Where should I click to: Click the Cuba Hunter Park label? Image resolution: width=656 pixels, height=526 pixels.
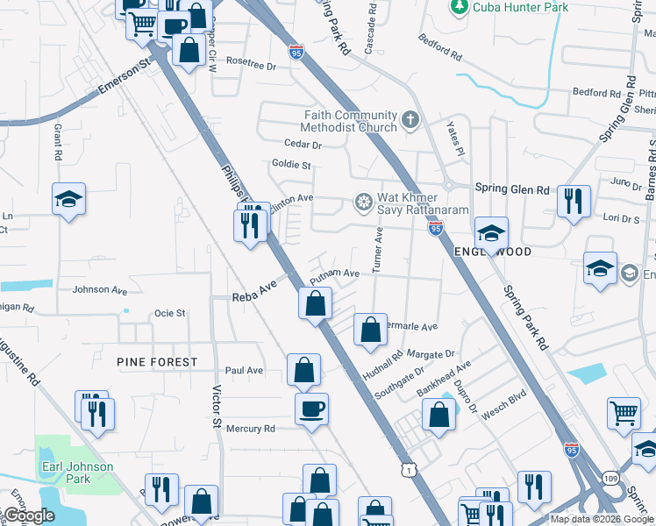tap(520, 7)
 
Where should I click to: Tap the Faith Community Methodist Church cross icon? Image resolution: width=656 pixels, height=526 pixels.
tap(409, 118)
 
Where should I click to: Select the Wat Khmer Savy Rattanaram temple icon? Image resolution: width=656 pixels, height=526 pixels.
tap(362, 203)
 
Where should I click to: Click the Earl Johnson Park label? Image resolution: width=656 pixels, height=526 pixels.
tap(78, 473)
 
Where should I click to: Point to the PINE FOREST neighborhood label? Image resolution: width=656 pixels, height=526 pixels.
tap(155, 361)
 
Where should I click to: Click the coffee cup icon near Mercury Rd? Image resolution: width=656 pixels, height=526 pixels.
tap(311, 408)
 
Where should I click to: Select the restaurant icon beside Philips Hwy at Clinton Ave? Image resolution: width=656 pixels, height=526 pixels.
tap(251, 225)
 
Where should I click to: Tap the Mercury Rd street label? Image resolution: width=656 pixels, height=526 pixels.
tap(251, 429)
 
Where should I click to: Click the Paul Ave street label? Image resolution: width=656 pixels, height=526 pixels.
tap(244, 371)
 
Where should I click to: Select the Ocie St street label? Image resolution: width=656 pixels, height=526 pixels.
tap(169, 313)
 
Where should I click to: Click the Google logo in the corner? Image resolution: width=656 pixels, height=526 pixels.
tap(28, 515)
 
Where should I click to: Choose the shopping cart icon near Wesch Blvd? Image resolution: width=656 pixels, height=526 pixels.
tap(624, 412)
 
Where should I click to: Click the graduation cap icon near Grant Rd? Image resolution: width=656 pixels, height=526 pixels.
tap(68, 200)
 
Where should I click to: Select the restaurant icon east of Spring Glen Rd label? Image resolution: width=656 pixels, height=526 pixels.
tap(574, 202)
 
